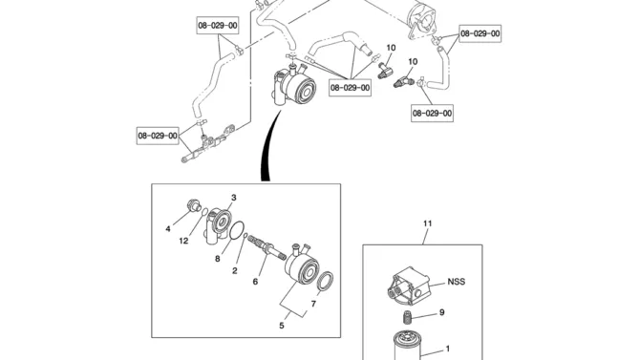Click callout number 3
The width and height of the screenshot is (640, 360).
[234, 198]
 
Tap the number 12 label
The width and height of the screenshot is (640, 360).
[183, 241]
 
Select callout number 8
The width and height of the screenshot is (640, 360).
[218, 259]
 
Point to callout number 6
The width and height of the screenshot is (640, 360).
[255, 282]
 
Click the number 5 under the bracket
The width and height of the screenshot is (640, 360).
[282, 326]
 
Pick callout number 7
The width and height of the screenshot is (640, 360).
[313, 304]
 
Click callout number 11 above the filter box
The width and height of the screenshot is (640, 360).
[427, 223]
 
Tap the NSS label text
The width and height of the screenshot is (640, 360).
[457, 282]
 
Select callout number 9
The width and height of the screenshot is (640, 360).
[442, 312]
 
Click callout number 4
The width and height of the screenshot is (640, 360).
[168, 229]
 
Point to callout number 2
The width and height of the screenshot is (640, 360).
[235, 270]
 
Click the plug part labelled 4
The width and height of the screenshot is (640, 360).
[193, 205]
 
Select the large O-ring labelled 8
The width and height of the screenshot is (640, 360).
[237, 231]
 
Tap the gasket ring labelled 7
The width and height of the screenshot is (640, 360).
[325, 282]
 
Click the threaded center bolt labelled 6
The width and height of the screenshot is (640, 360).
[266, 247]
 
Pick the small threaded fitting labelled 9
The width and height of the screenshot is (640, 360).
[407, 317]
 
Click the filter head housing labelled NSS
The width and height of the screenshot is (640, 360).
[409, 285]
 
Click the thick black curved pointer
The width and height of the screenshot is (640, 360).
[268, 147]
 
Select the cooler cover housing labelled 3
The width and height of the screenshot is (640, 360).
[218, 225]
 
